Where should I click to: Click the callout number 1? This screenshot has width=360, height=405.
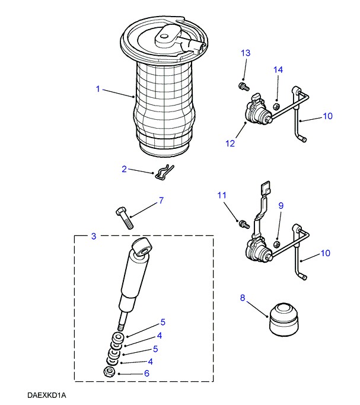point(97,89)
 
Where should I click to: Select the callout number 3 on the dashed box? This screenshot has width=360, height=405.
point(94,237)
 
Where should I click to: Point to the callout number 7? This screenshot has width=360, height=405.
point(160,201)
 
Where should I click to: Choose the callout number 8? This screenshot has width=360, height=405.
point(242,298)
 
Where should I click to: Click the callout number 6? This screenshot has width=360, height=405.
point(146,374)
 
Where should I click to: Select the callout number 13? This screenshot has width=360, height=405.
point(246,53)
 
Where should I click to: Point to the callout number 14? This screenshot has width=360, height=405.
point(278,71)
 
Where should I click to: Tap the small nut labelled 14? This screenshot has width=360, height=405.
point(276,107)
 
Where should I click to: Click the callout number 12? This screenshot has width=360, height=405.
point(230,143)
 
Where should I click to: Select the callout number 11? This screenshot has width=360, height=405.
point(222,194)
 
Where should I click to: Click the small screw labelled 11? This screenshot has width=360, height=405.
point(242,224)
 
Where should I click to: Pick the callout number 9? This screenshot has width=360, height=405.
point(281,206)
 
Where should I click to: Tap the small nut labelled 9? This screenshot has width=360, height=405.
point(276,244)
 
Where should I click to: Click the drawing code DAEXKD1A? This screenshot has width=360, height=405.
point(45,394)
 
